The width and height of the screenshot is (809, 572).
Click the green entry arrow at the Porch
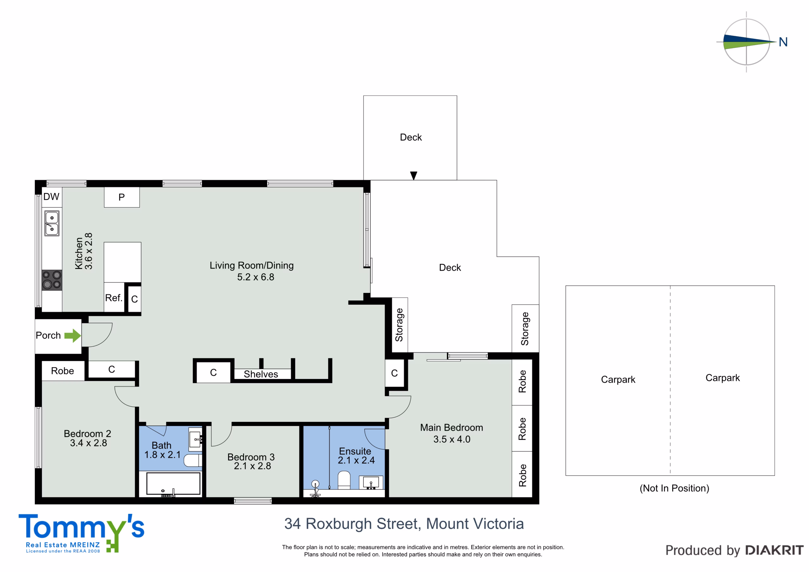pos(73,336)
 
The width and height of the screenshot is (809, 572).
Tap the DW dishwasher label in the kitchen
pos(52,197)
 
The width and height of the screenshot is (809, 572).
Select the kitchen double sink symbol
pos(52,223)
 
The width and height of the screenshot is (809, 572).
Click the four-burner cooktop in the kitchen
pos(52,280)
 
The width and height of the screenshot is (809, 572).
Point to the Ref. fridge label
pos(114,298)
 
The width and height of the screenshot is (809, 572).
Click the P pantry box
pos(122,197)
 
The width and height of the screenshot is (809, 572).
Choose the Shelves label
pos(261,374)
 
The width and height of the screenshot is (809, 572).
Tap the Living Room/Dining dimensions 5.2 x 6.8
pos(255,277)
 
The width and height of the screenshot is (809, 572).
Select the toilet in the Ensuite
pos(344,480)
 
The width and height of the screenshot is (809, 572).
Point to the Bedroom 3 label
pos(251,457)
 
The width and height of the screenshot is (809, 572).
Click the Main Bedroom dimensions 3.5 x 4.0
pos(452,439)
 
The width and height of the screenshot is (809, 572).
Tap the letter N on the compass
pos(783,42)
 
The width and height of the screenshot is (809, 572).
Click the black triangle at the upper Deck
pos(414,175)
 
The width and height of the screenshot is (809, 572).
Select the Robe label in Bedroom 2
pos(62,371)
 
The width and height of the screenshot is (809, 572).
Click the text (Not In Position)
pos(674,488)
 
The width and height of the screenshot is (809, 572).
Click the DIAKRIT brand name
pos(775,550)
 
